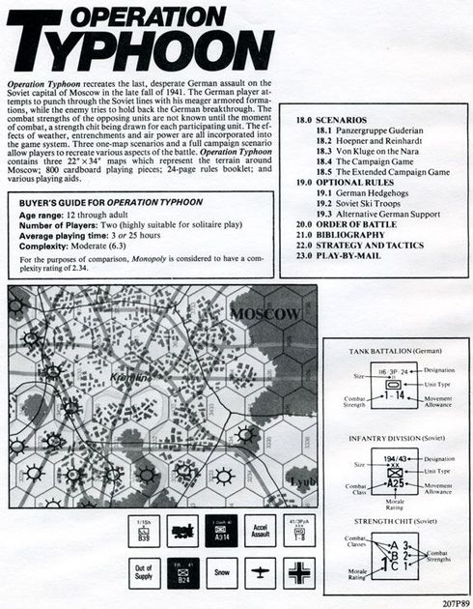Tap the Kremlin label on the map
pyautogui.click(x=129, y=376)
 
